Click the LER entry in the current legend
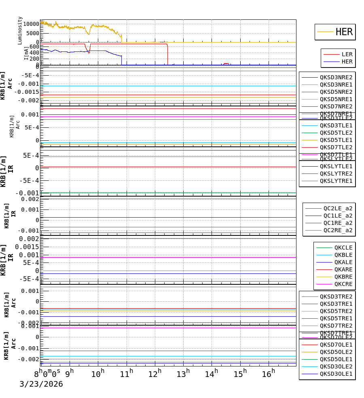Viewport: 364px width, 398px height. pyautogui.click(x=347, y=54)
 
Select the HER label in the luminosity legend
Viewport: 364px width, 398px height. pyautogui.click(x=344, y=32)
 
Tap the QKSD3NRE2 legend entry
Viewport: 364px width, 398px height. pyautogui.click(x=336, y=77)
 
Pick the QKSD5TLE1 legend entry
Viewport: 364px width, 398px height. pyautogui.click(x=336, y=140)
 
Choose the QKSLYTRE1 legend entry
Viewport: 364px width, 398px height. pyautogui.click(x=336, y=181)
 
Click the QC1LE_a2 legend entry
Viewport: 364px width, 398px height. pyautogui.click(x=337, y=216)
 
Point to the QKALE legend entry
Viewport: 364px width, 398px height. pyautogui.click(x=343, y=262)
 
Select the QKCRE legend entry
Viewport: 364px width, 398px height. pyautogui.click(x=343, y=284)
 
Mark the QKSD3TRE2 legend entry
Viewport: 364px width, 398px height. pyautogui.click(x=336, y=296)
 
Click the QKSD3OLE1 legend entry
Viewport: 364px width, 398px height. pyautogui.click(x=336, y=374)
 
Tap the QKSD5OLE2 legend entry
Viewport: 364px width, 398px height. pyautogui.click(x=336, y=352)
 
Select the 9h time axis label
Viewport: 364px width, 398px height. pyautogui.click(x=69, y=373)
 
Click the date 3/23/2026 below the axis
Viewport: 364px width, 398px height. pyautogui.click(x=41, y=384)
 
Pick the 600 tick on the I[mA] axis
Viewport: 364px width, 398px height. pyautogui.click(x=34, y=47)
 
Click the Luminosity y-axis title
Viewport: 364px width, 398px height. pyautogui.click(x=20, y=30)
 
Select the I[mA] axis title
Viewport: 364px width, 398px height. pyautogui.click(x=26, y=53)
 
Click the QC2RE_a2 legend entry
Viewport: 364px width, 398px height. pyautogui.click(x=337, y=230)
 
